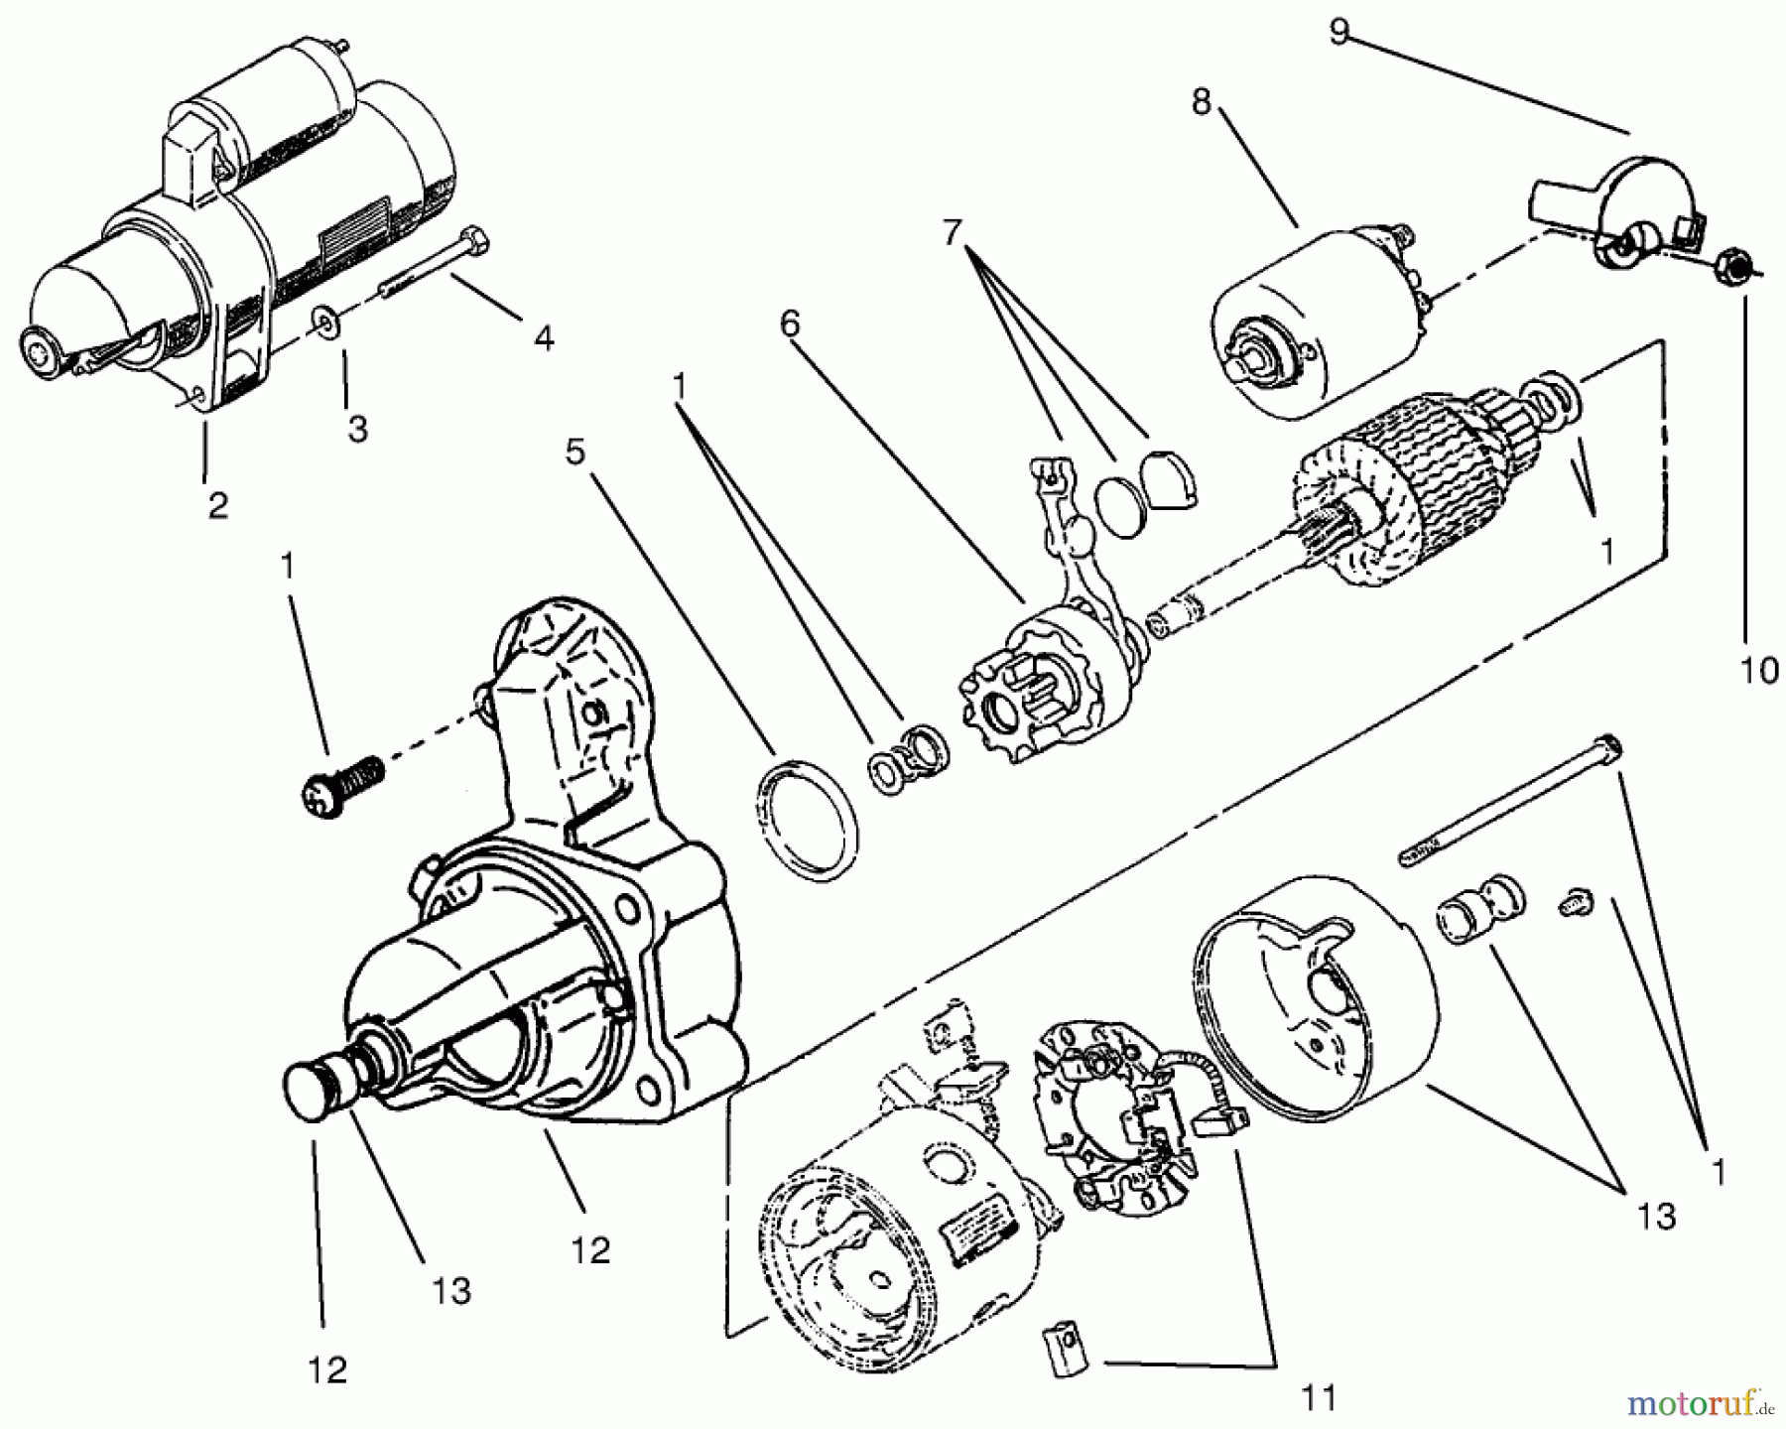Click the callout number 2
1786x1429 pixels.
point(217,505)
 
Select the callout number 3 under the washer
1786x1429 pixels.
point(357,428)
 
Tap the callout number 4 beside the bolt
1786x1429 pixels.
point(543,338)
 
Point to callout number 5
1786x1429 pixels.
point(575,452)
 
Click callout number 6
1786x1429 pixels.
point(789,324)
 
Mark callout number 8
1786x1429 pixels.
point(1202,102)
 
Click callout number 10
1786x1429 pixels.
point(1759,671)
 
